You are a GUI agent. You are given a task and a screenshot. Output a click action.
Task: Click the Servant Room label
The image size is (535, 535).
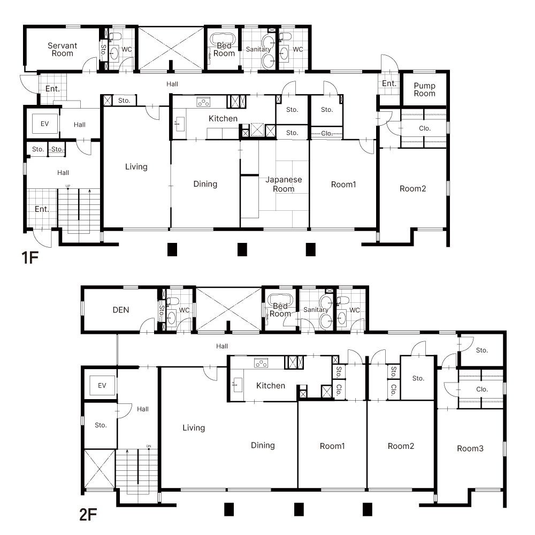[x=63, y=49]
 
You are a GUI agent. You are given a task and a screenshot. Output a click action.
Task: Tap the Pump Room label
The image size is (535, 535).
[x=424, y=89]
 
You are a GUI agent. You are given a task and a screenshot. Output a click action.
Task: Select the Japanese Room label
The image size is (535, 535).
[x=284, y=184]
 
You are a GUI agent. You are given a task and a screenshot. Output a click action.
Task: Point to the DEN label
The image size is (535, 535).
[x=121, y=310]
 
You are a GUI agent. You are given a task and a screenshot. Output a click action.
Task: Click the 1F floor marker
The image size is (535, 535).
[x=30, y=258]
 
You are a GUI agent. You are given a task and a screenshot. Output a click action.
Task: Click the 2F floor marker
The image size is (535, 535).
[x=88, y=515]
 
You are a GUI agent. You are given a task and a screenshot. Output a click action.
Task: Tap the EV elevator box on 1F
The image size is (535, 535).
[x=45, y=124]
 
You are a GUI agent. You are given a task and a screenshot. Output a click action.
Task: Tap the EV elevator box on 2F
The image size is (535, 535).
[x=102, y=386]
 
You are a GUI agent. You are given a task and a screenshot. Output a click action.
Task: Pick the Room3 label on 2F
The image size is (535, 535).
[x=470, y=448]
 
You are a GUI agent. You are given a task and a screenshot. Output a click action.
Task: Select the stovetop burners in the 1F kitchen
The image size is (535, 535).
[x=203, y=102]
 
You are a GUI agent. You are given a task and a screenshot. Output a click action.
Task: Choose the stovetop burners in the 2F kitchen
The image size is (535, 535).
[x=261, y=363]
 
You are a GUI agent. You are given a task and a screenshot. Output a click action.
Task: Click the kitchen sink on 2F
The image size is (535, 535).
[x=238, y=385]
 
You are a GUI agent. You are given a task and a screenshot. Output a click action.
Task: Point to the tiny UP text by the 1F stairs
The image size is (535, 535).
[x=68, y=186]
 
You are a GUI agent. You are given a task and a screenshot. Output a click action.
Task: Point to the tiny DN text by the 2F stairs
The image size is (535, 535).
[x=149, y=446]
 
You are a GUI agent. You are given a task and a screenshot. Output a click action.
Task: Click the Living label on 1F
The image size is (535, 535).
[x=136, y=167]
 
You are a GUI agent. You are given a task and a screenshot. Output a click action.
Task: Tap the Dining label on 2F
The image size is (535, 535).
[x=263, y=445]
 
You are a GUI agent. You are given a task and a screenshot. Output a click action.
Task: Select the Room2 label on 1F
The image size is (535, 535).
[x=413, y=189]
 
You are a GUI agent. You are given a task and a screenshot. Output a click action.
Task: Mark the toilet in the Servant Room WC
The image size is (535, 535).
[x=116, y=36]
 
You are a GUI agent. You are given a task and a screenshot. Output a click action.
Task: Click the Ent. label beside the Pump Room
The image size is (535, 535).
[x=389, y=83]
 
